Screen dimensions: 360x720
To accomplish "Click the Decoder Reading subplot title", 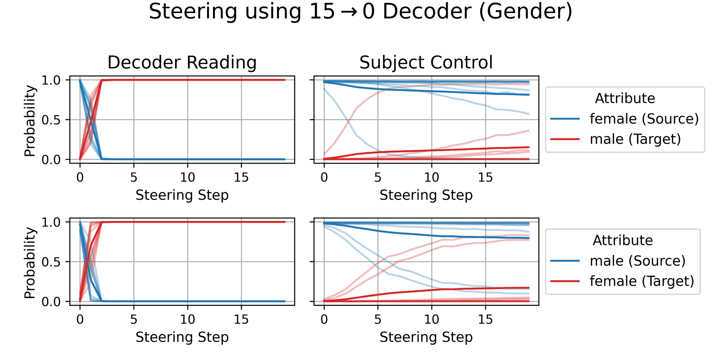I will [x=182, y=62].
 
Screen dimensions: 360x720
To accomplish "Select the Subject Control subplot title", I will [x=426, y=62].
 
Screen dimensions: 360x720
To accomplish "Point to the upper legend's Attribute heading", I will [x=625, y=99].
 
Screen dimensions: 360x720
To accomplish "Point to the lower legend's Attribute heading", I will [x=622, y=241].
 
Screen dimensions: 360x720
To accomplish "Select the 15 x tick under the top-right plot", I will [x=485, y=177].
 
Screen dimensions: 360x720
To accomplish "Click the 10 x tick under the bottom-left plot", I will [x=187, y=319].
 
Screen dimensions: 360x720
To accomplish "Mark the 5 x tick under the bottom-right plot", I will [x=378, y=319].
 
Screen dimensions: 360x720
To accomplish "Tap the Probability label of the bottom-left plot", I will [x=30, y=262].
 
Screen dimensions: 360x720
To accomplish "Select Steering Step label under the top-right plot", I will [x=426, y=195].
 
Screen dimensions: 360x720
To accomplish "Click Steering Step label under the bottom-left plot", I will [x=182, y=337].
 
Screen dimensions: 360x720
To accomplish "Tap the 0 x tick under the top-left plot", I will [x=80, y=177].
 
